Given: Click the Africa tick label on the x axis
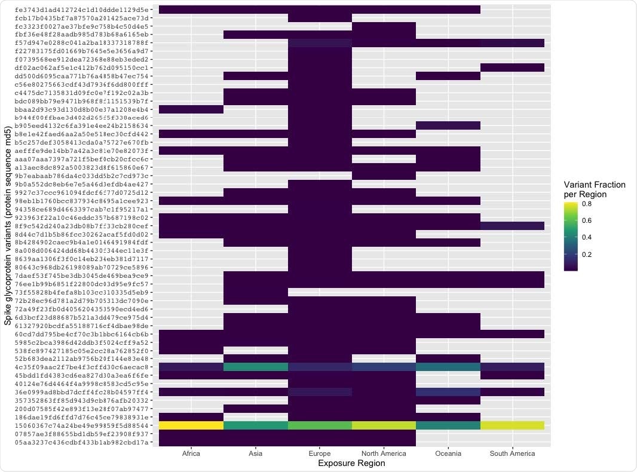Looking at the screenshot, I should (191, 453).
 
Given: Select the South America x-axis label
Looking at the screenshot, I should (512, 453).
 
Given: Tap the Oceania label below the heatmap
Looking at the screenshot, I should (448, 453).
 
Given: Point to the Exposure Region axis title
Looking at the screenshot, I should (352, 463).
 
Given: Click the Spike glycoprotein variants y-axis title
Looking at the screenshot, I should (8, 226).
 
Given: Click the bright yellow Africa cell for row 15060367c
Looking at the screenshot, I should (191, 425).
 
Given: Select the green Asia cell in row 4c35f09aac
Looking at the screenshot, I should (256, 366).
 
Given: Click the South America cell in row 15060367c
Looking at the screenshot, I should (512, 425).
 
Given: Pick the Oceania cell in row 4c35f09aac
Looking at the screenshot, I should (448, 366).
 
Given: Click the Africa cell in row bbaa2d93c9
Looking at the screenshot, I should (191, 109).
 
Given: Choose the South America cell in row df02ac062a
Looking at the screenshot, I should (512, 68).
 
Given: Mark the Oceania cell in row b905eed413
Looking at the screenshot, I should (448, 125).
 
